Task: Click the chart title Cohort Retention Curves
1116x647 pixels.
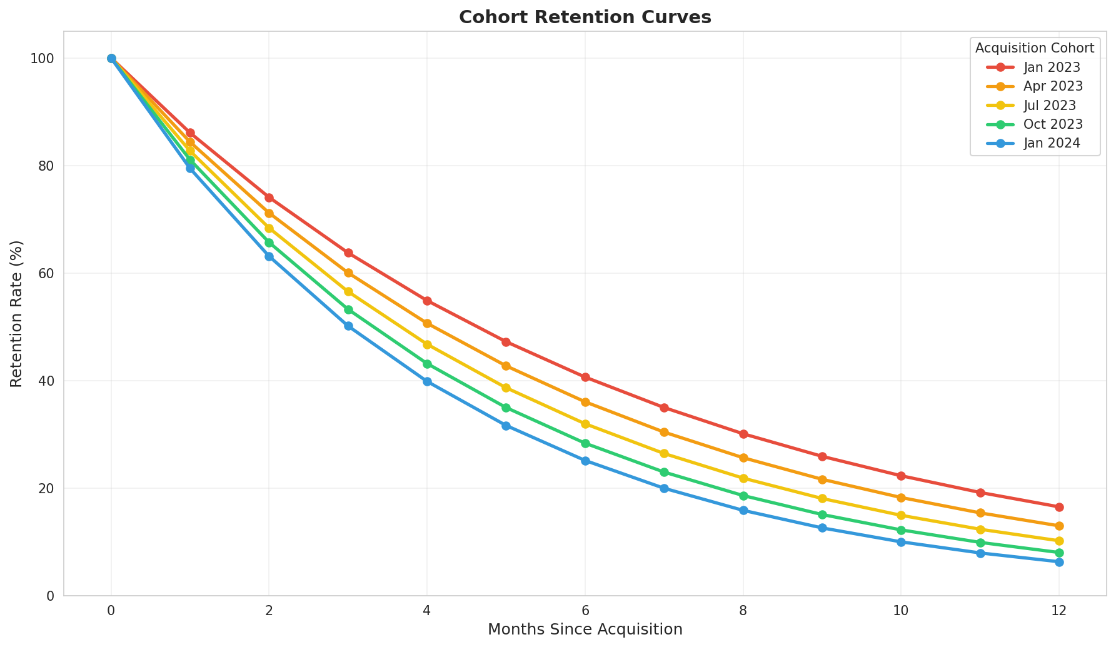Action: tap(585, 18)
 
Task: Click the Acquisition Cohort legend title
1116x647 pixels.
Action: tap(1034, 48)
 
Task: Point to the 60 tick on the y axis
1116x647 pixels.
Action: tap(47, 273)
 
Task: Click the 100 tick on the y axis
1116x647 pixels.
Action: tap(43, 58)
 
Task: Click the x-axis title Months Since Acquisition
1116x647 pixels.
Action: tap(585, 629)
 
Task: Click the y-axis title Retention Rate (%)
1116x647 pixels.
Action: tap(17, 313)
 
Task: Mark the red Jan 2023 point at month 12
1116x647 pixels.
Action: tap(1058, 507)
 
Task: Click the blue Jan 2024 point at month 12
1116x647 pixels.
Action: tap(1058, 562)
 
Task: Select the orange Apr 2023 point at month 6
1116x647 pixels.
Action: tap(585, 402)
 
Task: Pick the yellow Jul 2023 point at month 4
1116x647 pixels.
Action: tap(427, 344)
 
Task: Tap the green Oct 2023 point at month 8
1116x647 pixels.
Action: tap(743, 496)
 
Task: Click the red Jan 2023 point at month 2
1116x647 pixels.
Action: tap(269, 198)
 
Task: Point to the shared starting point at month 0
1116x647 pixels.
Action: tap(111, 58)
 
